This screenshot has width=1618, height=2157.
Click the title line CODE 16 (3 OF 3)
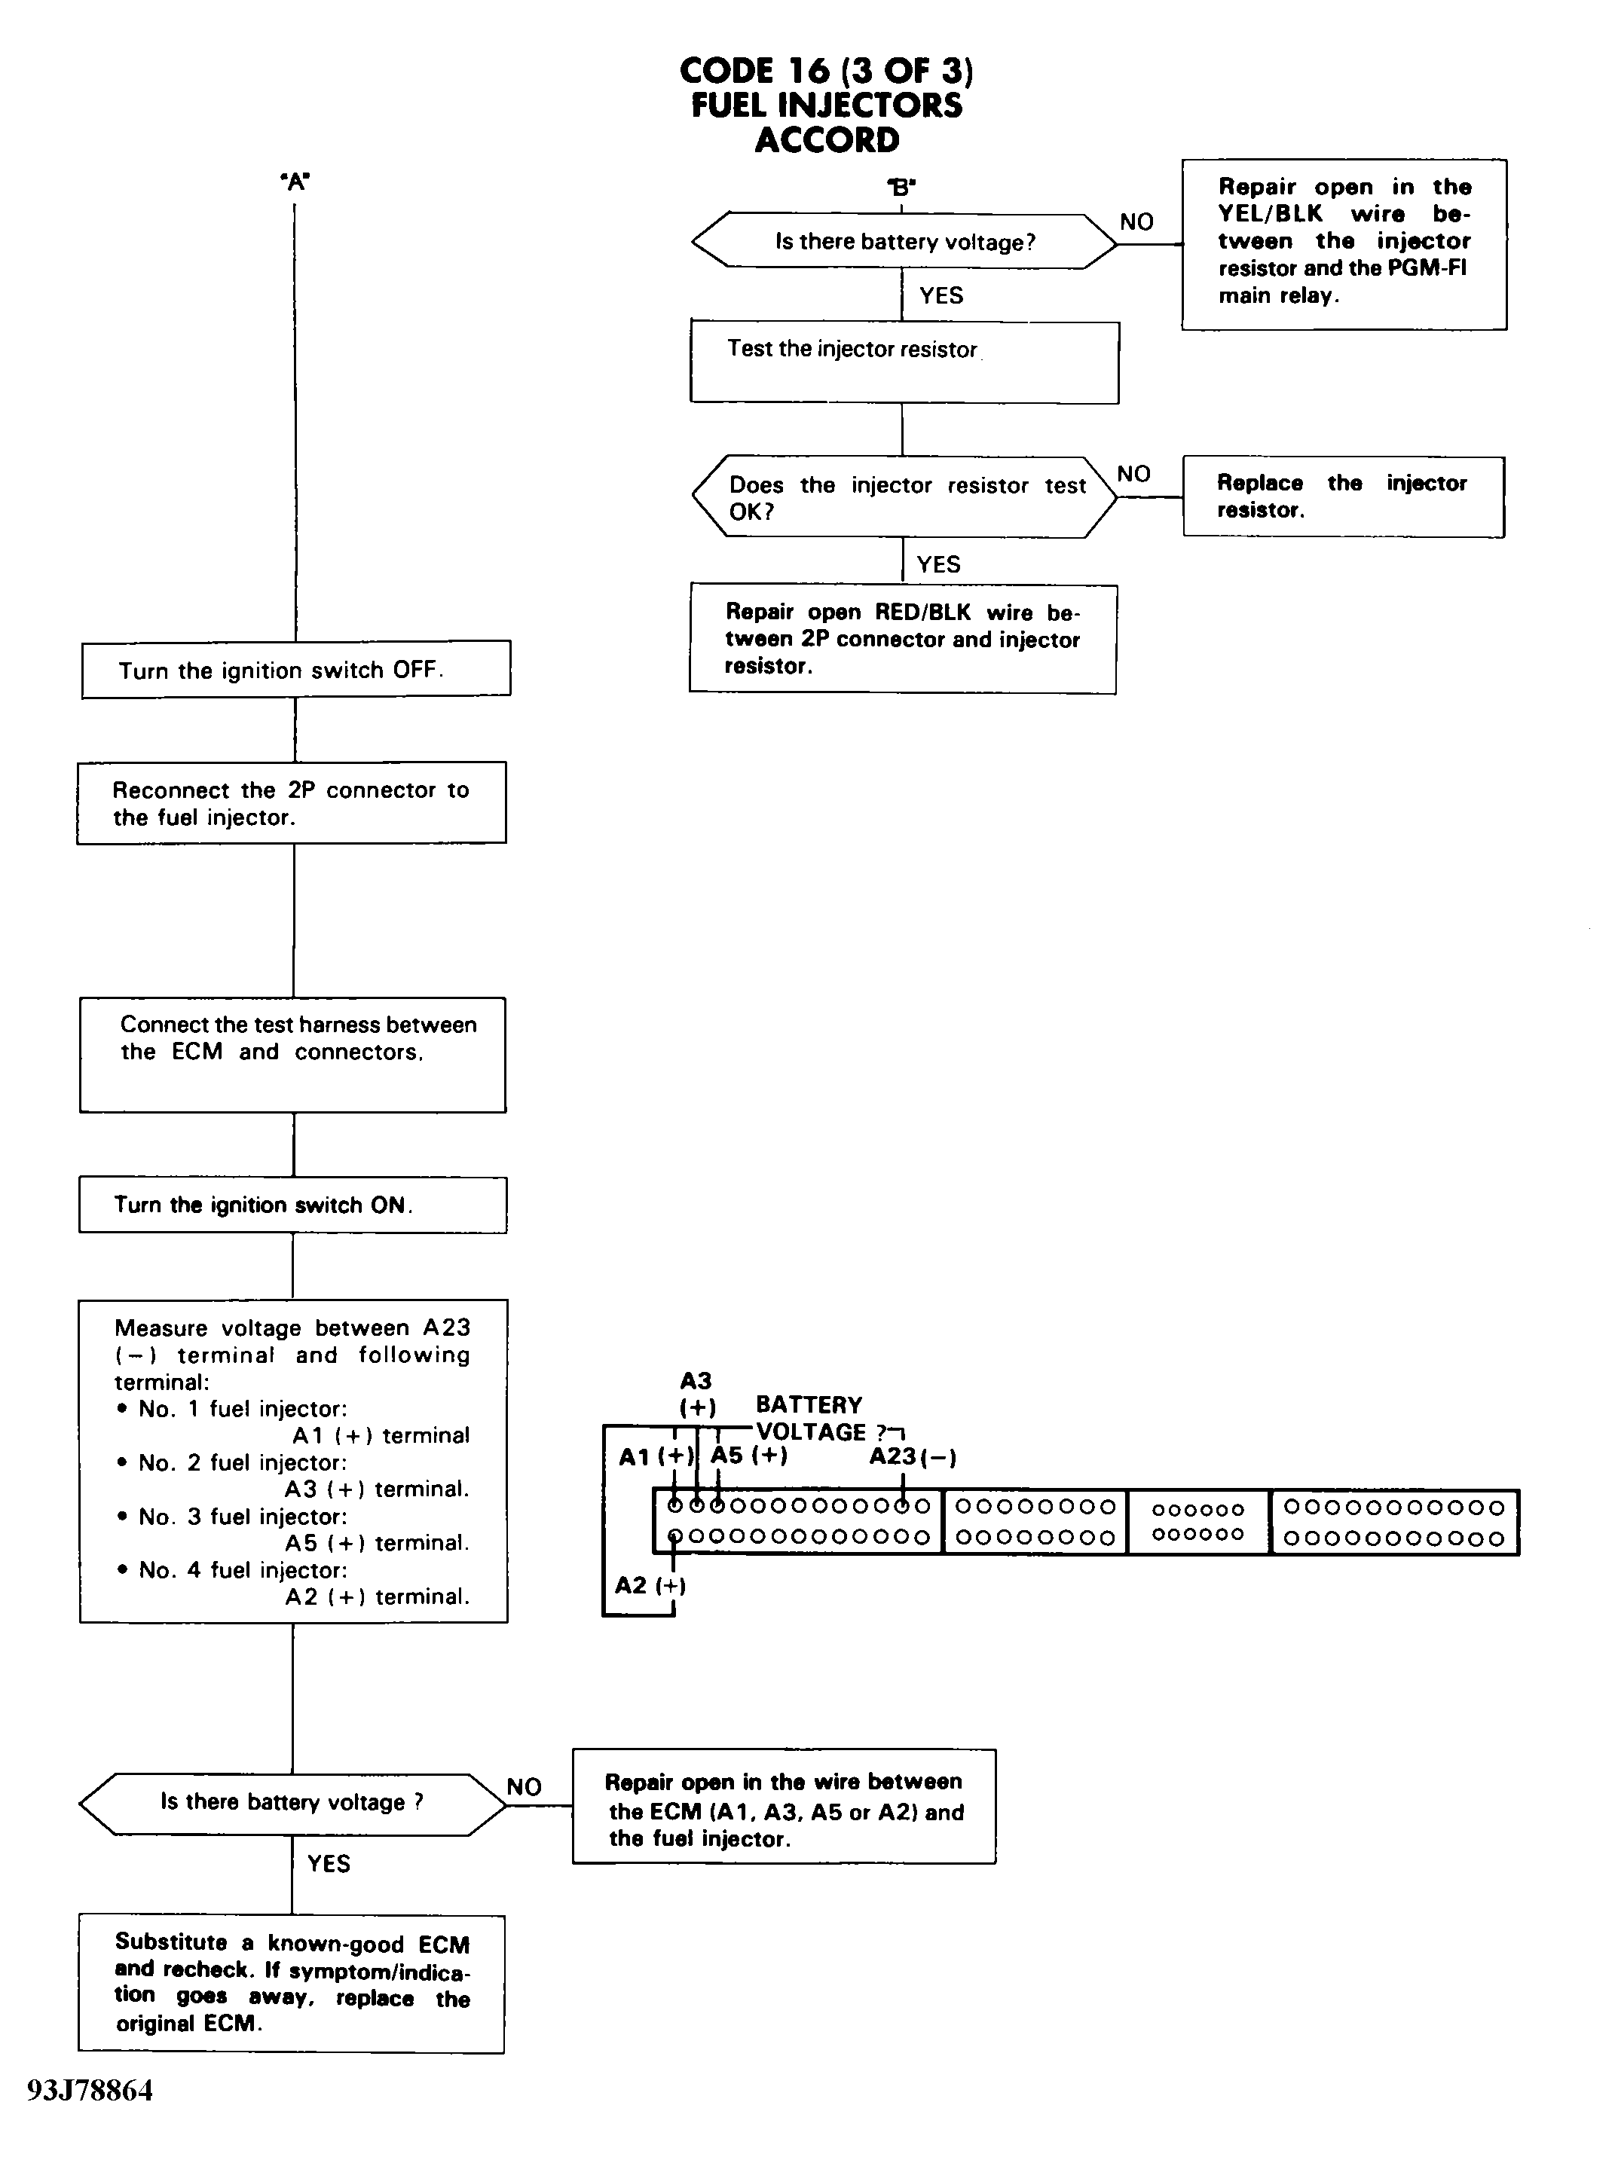point(827,70)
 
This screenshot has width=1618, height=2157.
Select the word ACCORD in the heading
point(827,139)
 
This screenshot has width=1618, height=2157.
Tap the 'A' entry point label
point(295,182)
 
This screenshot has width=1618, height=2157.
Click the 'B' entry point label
point(902,186)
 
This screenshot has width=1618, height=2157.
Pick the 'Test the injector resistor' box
point(904,362)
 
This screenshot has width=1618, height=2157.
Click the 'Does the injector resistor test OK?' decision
point(904,497)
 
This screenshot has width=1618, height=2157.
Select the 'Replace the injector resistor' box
point(1344,496)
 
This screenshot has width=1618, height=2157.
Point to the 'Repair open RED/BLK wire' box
point(903,639)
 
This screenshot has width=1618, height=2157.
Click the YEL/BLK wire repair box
point(1344,244)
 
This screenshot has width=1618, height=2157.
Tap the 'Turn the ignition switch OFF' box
point(295,669)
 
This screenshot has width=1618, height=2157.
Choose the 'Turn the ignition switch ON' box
point(292,1205)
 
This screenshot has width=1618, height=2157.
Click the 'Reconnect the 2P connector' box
point(292,802)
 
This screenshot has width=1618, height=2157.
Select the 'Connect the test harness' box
point(292,1054)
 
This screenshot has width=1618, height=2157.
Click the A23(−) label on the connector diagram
point(913,1457)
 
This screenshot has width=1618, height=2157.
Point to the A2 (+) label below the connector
point(650,1584)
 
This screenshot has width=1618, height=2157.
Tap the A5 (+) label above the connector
point(749,1455)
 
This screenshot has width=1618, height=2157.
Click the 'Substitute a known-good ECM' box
point(292,1984)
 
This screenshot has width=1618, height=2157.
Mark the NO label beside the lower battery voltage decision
point(524,1786)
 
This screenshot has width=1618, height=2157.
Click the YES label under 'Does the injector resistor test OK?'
point(938,564)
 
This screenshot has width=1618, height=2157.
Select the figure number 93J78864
point(90,2091)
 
